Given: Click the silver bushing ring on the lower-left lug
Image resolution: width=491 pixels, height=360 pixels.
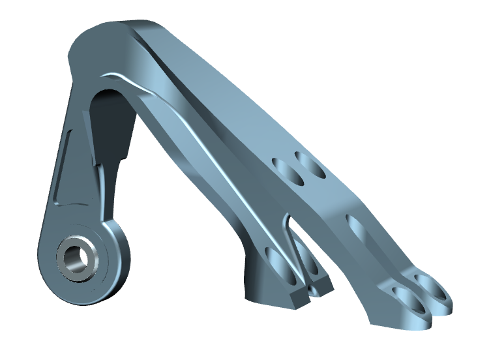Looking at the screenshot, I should pyautogui.click(x=65, y=264).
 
